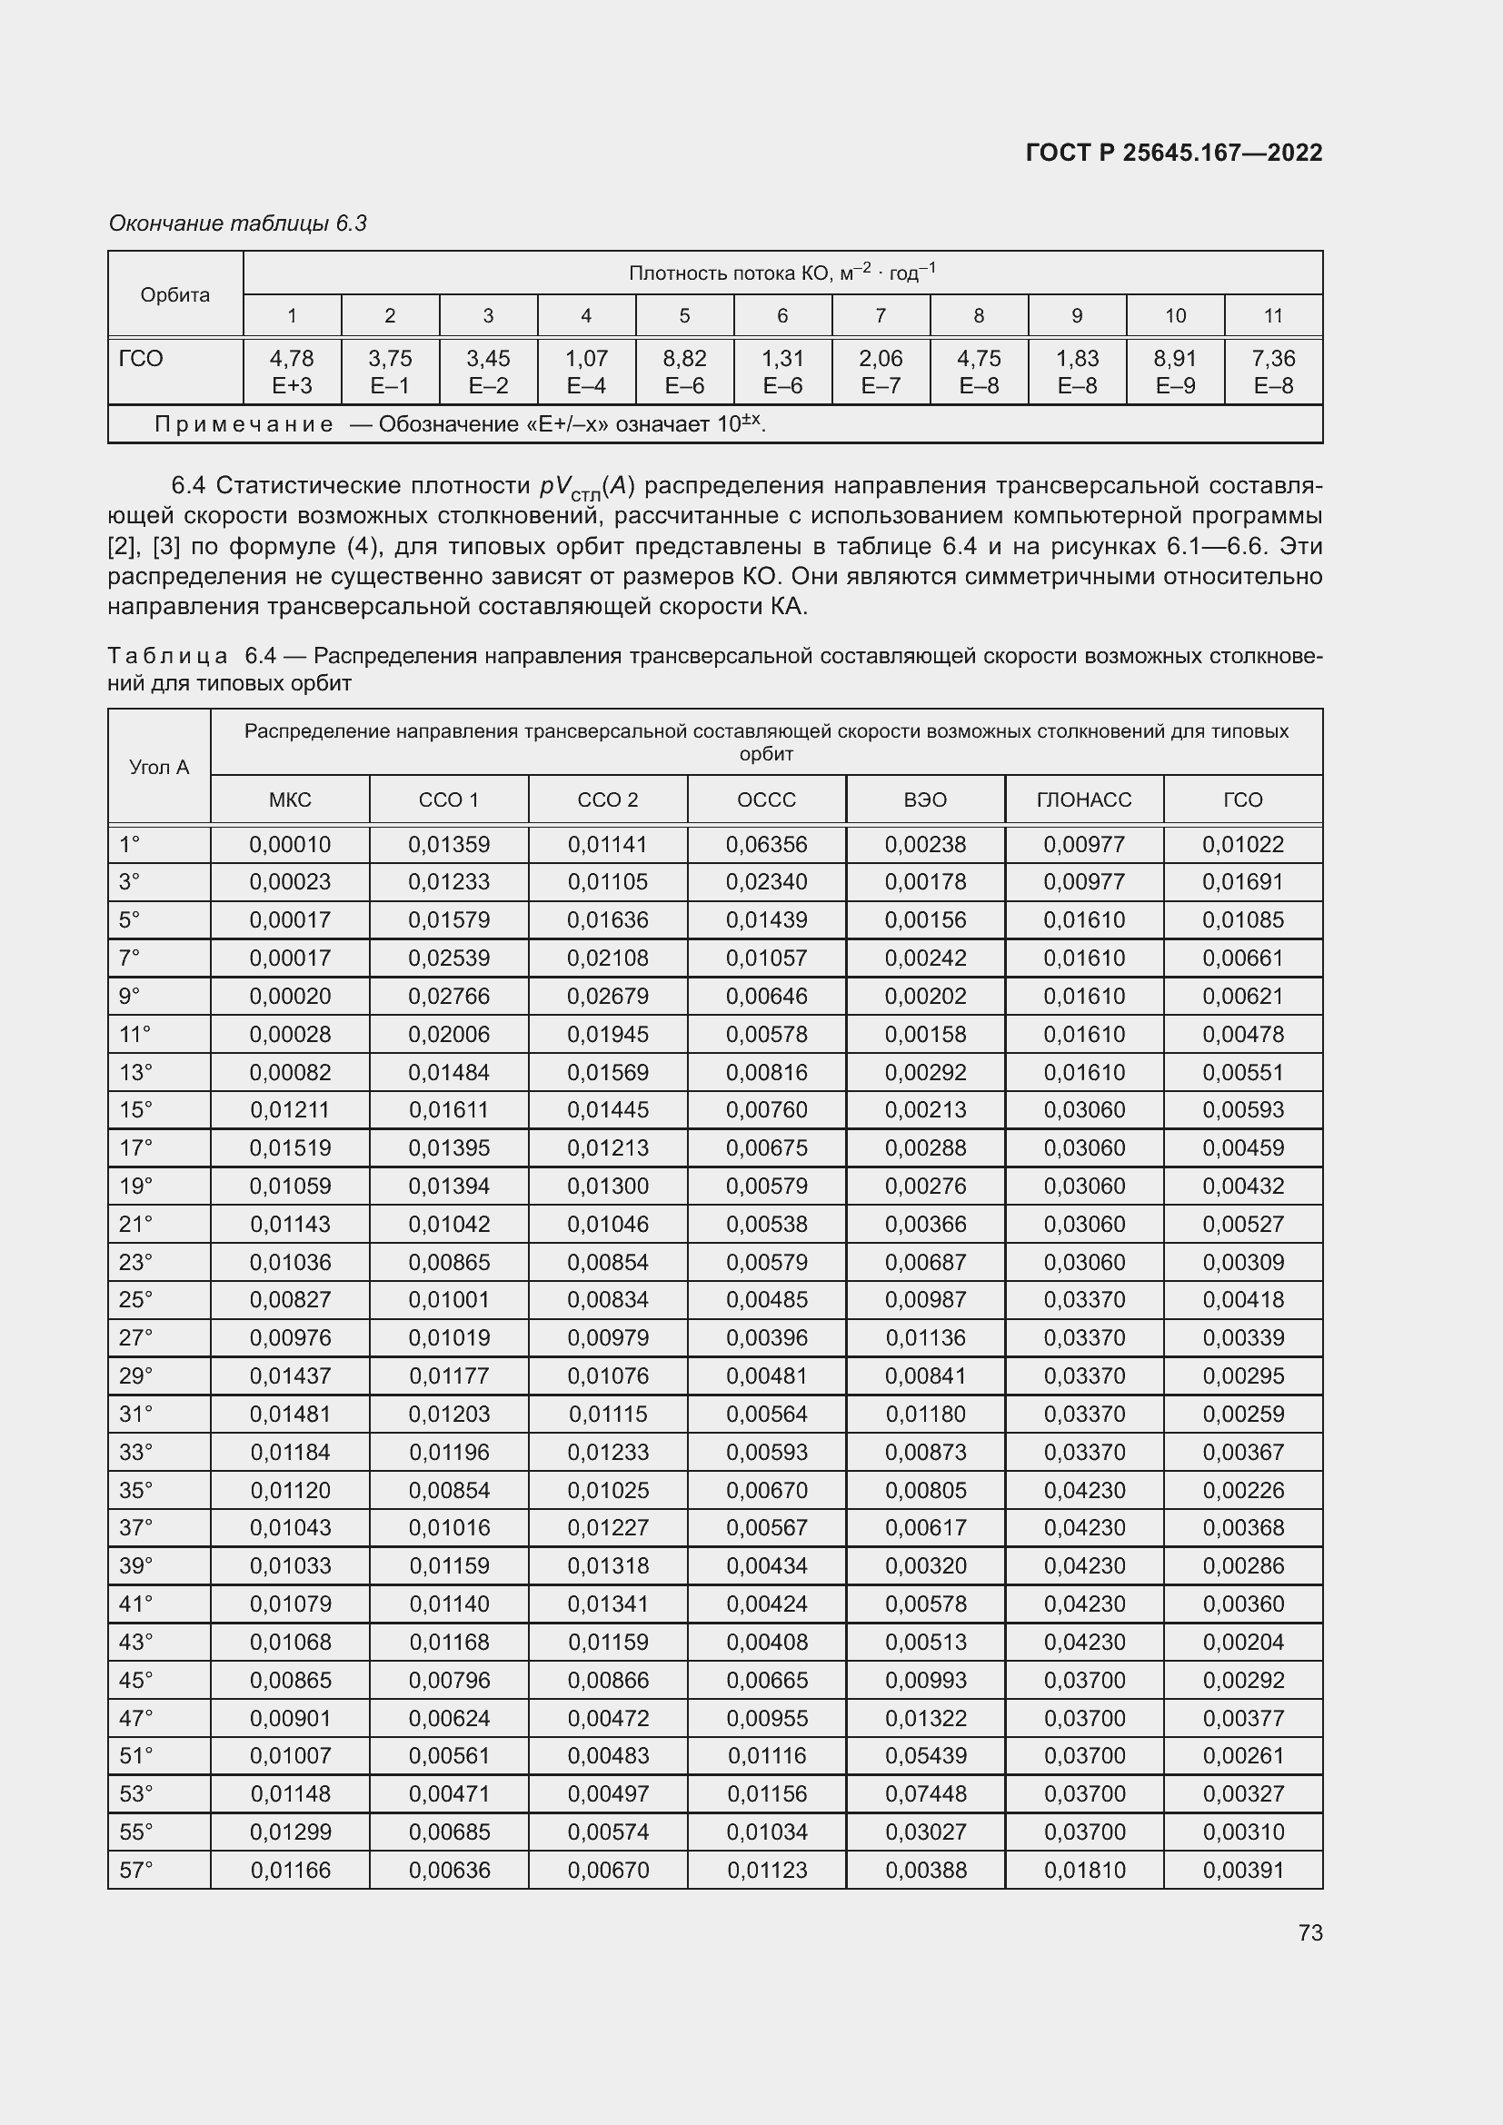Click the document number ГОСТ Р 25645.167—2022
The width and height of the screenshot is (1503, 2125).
click(1173, 153)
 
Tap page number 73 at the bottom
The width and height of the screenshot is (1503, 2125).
click(1309, 1932)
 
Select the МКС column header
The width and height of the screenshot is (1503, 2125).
click(290, 799)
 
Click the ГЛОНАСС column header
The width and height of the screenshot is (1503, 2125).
click(1084, 799)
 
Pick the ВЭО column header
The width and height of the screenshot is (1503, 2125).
click(924, 799)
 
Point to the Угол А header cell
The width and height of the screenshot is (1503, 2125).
click(159, 767)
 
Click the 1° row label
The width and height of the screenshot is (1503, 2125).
click(130, 844)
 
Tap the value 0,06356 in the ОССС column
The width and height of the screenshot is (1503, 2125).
click(766, 844)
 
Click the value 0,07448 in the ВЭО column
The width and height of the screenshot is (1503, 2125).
click(925, 1793)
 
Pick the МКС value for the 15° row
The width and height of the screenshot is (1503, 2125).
click(290, 1109)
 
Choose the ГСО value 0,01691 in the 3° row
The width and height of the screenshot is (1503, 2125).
click(1243, 882)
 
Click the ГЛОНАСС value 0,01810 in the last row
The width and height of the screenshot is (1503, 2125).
click(1085, 1870)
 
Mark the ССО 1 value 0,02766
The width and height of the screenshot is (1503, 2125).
click(449, 996)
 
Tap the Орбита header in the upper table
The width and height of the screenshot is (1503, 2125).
click(174, 294)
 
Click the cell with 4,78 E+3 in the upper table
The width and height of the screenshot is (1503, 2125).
click(292, 372)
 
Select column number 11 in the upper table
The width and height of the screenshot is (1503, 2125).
click(1272, 315)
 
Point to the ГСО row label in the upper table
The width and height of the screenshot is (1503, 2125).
click(141, 358)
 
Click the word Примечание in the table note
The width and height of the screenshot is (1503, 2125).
click(244, 424)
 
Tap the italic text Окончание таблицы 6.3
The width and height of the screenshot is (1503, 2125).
click(237, 223)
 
